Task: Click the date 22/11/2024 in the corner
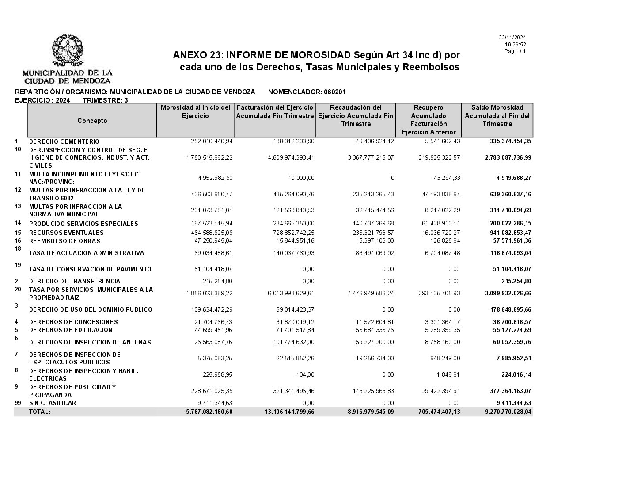point(512,38)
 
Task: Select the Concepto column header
point(92,121)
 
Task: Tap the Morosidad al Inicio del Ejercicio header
point(195,111)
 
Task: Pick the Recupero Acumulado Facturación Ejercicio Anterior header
point(429,120)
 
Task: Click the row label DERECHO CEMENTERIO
point(64,141)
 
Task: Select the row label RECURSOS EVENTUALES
point(66,233)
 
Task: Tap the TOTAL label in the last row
point(40,412)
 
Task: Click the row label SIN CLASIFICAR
point(53,403)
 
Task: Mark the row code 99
point(18,403)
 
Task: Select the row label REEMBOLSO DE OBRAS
point(64,241)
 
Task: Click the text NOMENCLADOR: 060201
point(307,92)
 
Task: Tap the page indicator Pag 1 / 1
point(515,51)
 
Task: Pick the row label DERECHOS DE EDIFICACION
point(71,330)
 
